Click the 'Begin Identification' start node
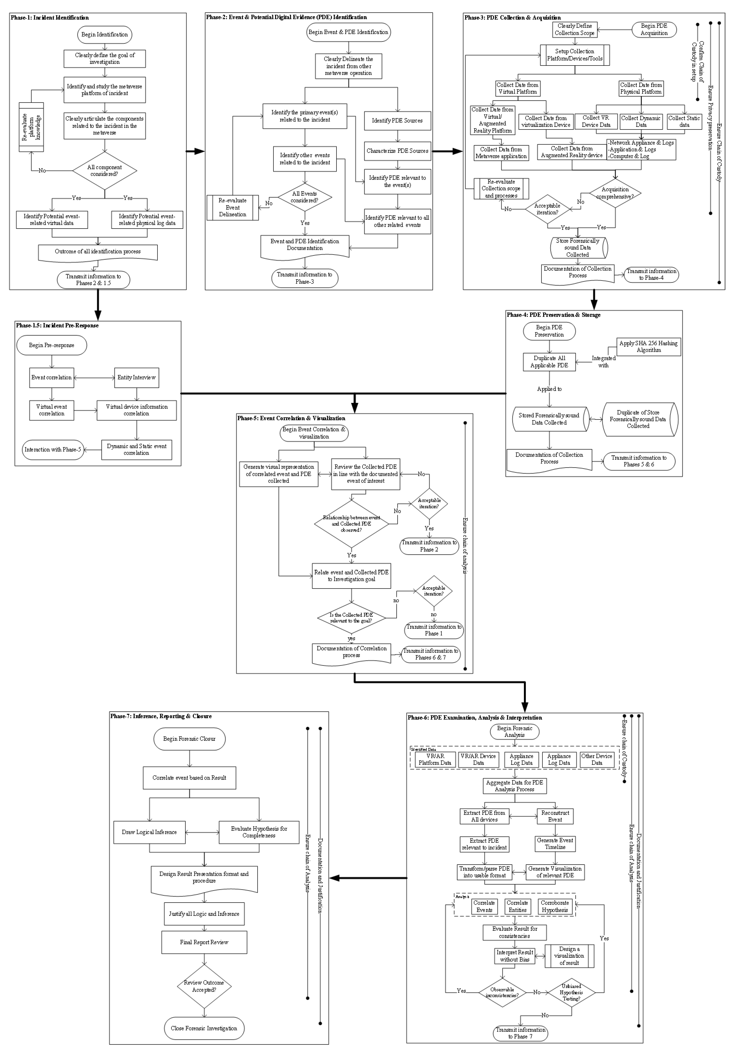tap(105, 34)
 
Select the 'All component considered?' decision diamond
tap(105, 171)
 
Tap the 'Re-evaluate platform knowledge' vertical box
tap(31, 127)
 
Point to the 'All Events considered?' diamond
tap(305, 197)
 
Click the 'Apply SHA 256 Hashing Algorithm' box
tap(648, 347)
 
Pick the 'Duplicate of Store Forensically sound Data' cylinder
tap(640, 419)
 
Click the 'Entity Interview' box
tap(136, 377)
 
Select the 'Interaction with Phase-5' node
tap(53, 450)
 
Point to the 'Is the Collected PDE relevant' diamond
tap(351, 618)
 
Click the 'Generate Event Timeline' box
tap(555, 844)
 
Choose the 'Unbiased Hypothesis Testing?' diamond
tap(571, 992)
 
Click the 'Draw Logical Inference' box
tap(149, 832)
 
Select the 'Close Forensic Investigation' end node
tap(204, 1028)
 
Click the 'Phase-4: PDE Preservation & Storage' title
tap(553, 315)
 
